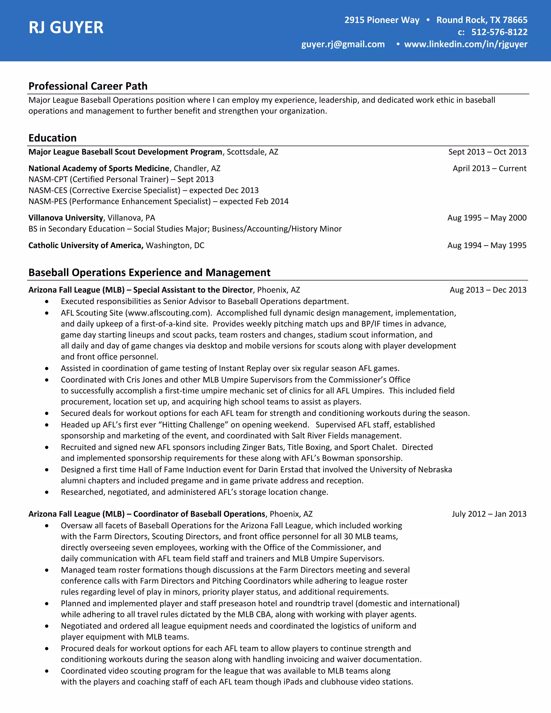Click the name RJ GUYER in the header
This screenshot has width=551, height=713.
66,27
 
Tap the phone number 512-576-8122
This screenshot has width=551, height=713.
499,32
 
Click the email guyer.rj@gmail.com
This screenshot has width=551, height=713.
343,44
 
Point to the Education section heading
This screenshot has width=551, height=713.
52,138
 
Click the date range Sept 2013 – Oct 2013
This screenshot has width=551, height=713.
487,152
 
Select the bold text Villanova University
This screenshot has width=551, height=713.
66,218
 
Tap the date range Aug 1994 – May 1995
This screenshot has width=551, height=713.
487,245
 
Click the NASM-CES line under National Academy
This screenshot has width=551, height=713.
143,190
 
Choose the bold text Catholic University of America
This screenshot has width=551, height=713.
86,245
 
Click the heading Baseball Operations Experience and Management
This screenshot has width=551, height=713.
149,272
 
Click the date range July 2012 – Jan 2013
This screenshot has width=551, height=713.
489,514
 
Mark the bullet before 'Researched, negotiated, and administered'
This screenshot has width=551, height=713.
47,492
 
